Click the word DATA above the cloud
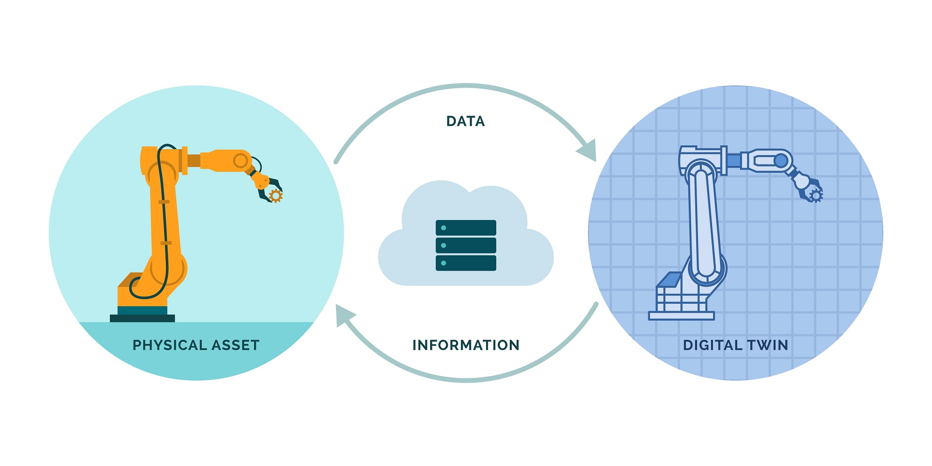coord(466,121)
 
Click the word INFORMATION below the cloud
coord(466,345)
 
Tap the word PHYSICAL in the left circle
coord(169,345)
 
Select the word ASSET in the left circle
coord(235,345)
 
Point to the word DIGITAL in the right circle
coord(713,345)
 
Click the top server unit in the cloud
coord(466,228)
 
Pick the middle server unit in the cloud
coord(466,245)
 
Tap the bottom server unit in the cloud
coord(466,263)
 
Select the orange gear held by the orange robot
coord(276,196)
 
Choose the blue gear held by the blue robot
coord(815,196)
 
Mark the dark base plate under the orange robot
coord(142,318)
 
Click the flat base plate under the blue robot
coord(681,316)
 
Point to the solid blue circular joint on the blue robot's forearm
coord(781,161)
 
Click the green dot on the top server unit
coord(444,228)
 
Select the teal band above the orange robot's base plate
coord(142,310)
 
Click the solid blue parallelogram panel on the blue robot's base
coord(670,280)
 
